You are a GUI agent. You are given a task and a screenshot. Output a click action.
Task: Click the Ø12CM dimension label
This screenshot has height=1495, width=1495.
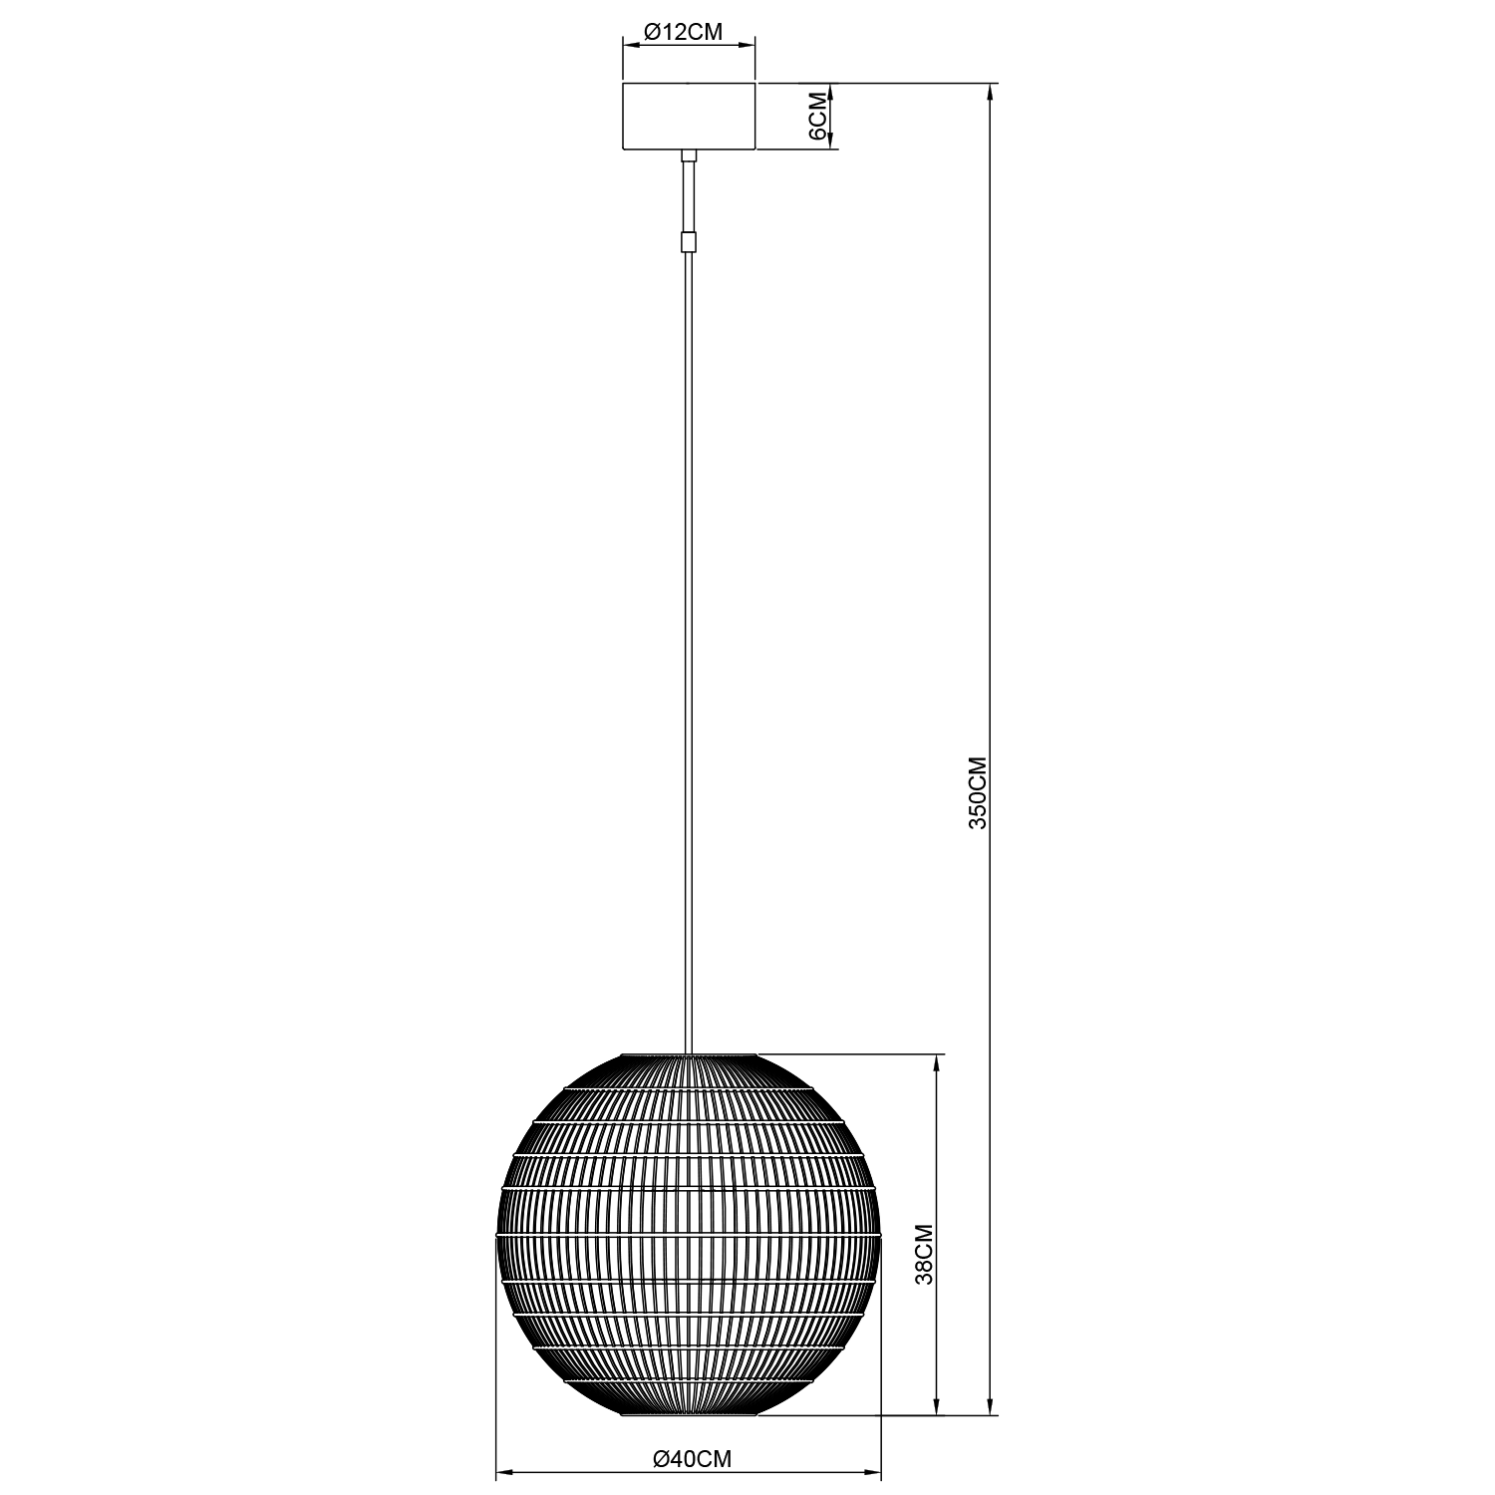pyautogui.click(x=683, y=32)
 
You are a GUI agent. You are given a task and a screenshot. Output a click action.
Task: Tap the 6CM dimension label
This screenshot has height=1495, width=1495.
pyautogui.click(x=816, y=117)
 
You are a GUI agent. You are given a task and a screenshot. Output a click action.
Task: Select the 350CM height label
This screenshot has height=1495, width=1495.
pyautogui.click(x=978, y=793)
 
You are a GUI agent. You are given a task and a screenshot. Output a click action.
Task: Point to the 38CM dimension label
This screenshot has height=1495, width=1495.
pyautogui.click(x=924, y=1254)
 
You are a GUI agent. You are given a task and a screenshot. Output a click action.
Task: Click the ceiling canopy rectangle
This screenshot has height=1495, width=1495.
pyautogui.click(x=689, y=117)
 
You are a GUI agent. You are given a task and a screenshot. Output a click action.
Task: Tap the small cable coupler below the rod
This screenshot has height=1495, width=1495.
pyautogui.click(x=688, y=242)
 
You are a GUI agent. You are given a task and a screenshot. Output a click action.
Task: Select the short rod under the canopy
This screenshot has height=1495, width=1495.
pyautogui.click(x=688, y=195)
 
